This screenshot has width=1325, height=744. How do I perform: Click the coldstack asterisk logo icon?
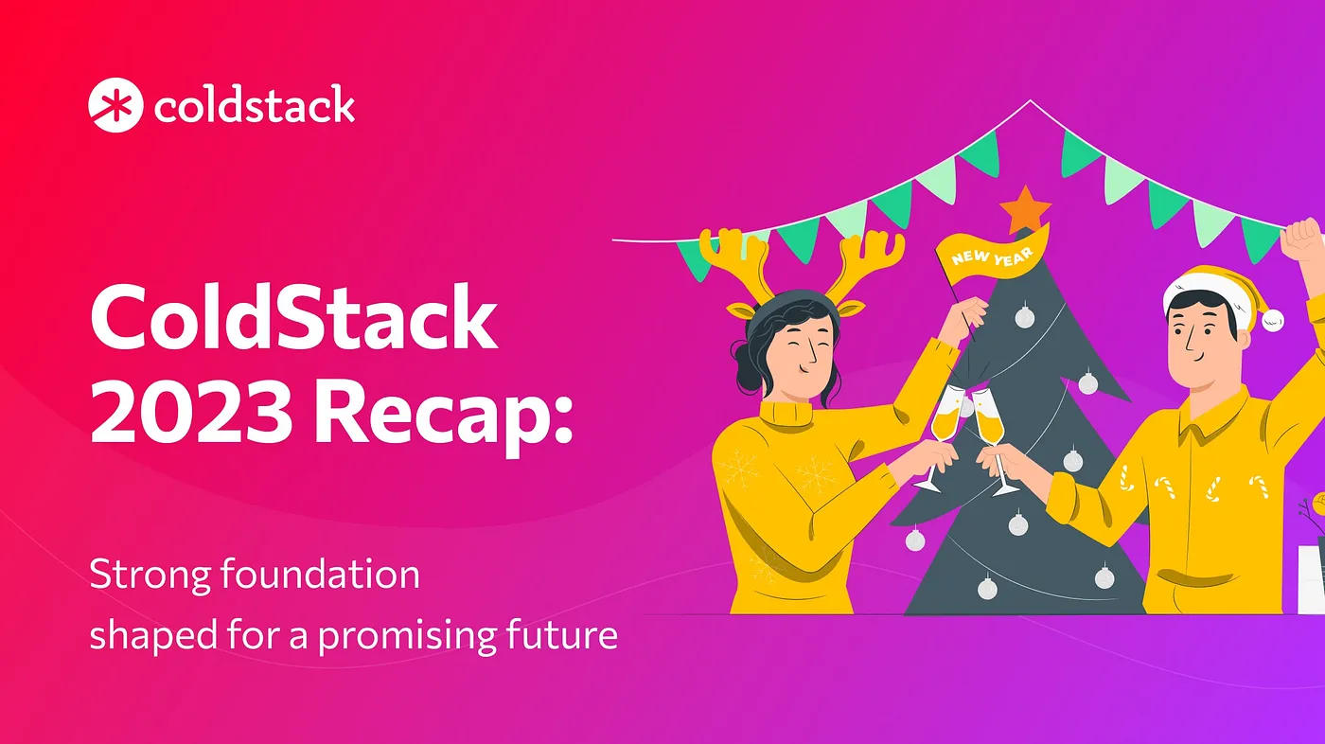[x=115, y=105]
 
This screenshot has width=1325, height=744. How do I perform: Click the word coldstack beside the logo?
[x=254, y=105]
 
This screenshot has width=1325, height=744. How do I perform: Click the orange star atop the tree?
[x=1024, y=210]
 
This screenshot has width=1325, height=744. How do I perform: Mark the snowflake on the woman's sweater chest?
[x=816, y=473]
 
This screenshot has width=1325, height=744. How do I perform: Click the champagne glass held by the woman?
[x=943, y=421]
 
